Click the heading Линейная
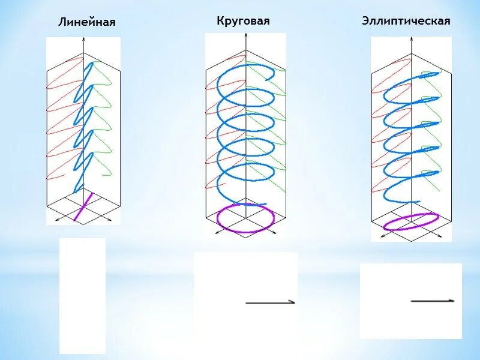pos(86,22)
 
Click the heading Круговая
pos(243,21)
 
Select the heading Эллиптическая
pos(406,21)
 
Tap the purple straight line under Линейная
pos(83,206)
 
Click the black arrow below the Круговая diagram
pos(271,302)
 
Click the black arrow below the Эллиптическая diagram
pos(433,300)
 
